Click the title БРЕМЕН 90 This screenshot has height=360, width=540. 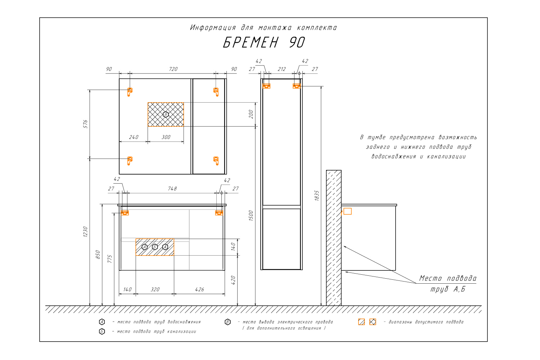(x=264, y=42)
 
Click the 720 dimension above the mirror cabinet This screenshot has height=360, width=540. (x=173, y=69)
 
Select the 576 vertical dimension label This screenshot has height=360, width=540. (x=85, y=124)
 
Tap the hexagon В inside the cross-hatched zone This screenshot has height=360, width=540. (x=166, y=114)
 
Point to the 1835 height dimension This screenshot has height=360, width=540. (x=317, y=195)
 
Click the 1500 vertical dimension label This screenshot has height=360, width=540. (x=251, y=216)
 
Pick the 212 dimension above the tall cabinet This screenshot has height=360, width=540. (x=282, y=69)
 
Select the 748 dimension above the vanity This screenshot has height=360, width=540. (x=172, y=189)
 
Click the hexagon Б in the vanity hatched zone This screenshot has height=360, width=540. (x=155, y=247)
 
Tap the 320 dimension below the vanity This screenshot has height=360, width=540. (x=155, y=289)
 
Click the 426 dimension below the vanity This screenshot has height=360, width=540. (x=199, y=289)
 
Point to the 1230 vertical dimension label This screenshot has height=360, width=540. (x=85, y=232)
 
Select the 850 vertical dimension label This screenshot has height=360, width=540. (x=98, y=255)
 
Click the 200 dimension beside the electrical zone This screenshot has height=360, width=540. (x=251, y=114)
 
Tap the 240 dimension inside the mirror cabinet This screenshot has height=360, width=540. (x=134, y=137)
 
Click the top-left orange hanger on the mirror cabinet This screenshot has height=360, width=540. (x=130, y=92)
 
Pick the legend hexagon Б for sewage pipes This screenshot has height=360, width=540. (x=102, y=332)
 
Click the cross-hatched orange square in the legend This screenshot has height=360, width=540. (x=373, y=322)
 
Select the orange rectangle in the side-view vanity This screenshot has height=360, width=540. (x=347, y=211)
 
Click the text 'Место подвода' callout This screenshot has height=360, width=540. (x=448, y=278)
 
